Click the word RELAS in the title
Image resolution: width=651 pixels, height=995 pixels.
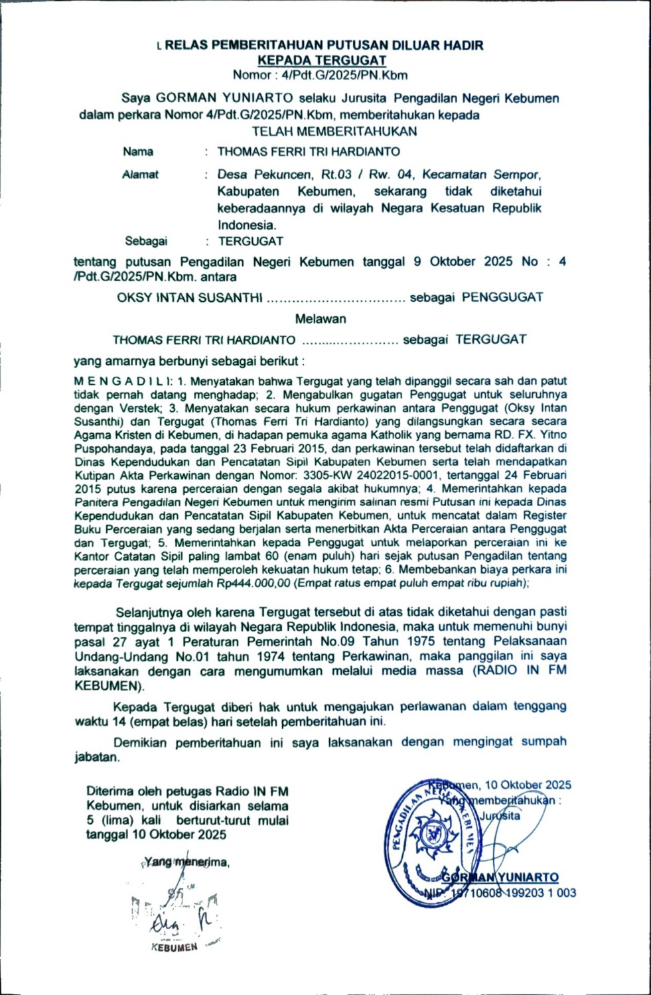click(x=187, y=45)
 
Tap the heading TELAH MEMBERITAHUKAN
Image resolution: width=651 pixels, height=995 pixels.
click(x=334, y=131)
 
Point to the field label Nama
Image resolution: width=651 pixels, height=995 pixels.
click(x=138, y=152)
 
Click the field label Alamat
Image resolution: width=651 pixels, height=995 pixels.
click(x=140, y=175)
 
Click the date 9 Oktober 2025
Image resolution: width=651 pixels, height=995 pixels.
click(x=463, y=261)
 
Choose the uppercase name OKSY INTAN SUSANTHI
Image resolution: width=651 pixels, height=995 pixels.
click(x=190, y=298)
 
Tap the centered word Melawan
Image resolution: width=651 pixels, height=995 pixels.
click(x=321, y=319)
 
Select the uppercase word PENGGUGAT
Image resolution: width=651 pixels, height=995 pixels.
click(x=502, y=297)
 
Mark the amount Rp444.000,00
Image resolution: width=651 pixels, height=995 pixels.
click(x=253, y=583)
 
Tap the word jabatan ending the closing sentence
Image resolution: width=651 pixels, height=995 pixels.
click(x=96, y=757)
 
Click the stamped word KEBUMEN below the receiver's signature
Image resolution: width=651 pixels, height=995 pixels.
click(x=175, y=947)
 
